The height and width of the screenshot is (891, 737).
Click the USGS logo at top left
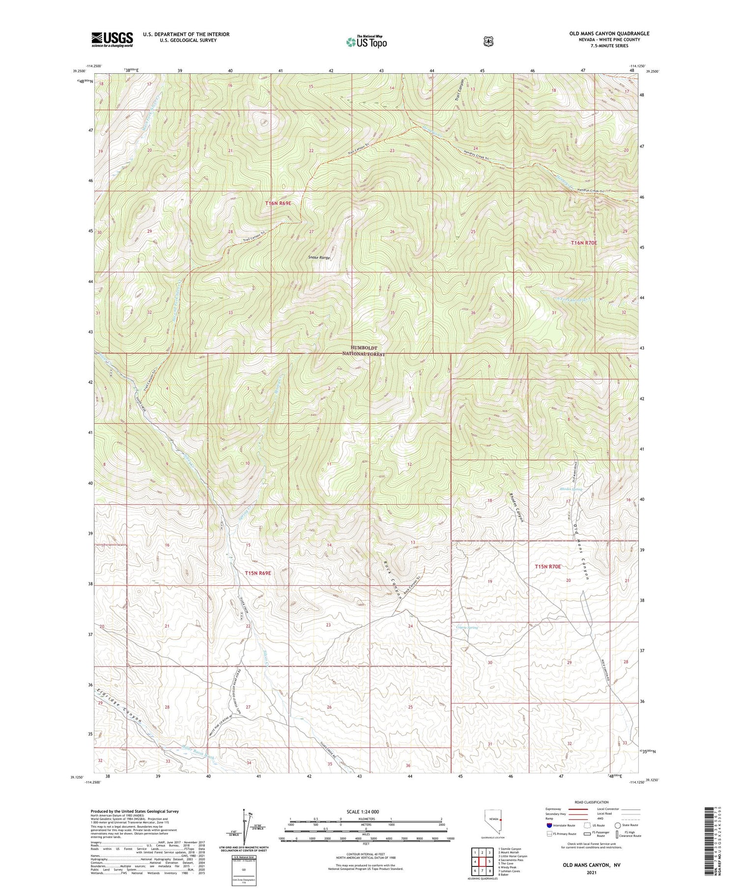[112, 39]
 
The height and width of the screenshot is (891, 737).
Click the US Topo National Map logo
[367, 42]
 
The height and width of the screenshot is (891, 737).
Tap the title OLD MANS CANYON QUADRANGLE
[609, 33]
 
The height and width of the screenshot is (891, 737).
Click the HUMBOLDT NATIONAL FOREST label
[364, 350]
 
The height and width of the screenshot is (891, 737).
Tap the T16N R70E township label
[584, 243]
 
